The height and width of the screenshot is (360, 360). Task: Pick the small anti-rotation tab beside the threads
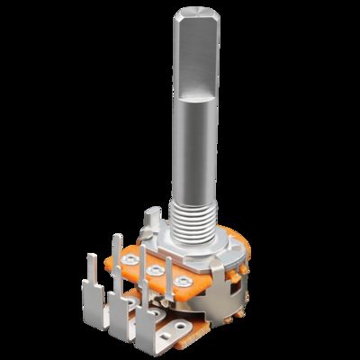pos(153,218)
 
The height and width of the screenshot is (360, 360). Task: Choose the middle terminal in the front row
pos(117,310)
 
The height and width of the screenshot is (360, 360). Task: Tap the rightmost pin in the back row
pos(166,270)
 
